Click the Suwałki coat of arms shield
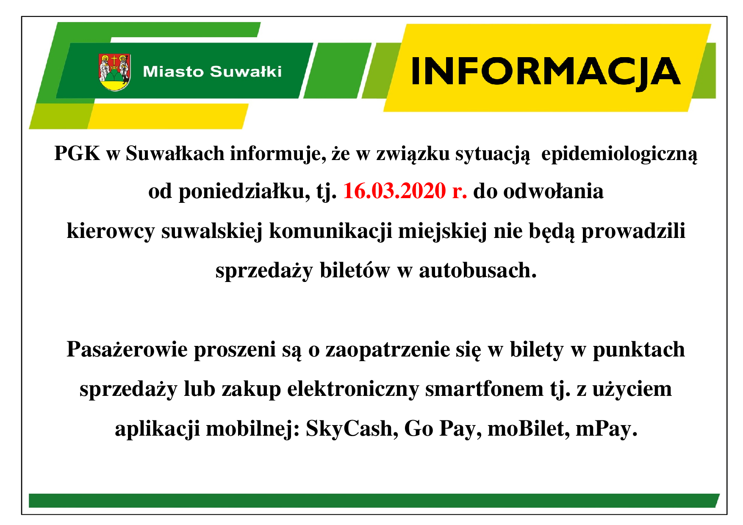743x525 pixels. [114, 72]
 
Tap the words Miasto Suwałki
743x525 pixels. [212, 72]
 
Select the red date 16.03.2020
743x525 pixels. [394, 191]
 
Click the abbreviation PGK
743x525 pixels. [78, 153]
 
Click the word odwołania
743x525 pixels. [553, 191]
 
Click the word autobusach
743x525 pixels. [478, 271]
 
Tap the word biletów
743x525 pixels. [355, 271]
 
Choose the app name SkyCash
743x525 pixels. [352, 429]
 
